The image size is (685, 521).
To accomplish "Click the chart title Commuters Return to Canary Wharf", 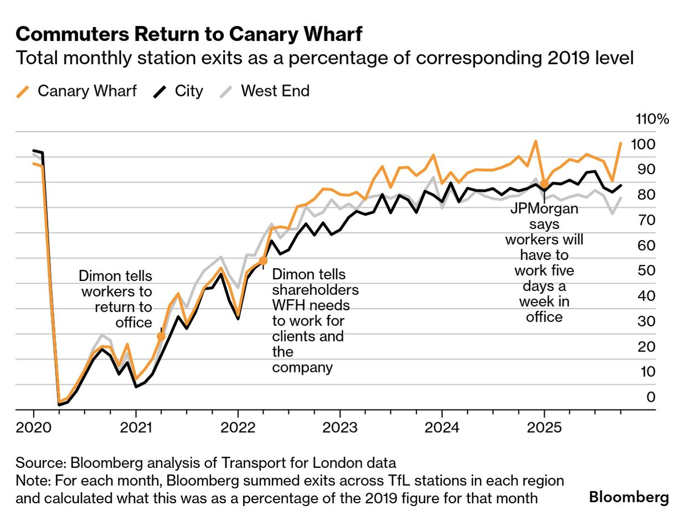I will coord(189,34).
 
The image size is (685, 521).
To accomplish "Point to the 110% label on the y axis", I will coord(653,119).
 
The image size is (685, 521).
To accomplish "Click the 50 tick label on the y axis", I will coord(647,270).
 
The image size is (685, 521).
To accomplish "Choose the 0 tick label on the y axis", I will coord(651,397).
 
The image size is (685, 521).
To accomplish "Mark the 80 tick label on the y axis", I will coord(647,195).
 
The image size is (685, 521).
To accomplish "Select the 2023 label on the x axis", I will coord(339,427).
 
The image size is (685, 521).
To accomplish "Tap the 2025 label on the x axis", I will coord(544,427).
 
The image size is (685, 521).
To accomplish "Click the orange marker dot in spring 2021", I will coord(161,336).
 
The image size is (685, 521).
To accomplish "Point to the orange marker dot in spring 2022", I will coord(263,260).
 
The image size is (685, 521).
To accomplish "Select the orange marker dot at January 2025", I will coord(544,183).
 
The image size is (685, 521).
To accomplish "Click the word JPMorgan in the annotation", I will coord(544,209).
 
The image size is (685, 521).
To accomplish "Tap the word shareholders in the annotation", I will coord(315,290).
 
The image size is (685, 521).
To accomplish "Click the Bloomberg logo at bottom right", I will coord(629,497).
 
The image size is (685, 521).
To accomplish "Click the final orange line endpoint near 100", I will coord(621,143).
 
